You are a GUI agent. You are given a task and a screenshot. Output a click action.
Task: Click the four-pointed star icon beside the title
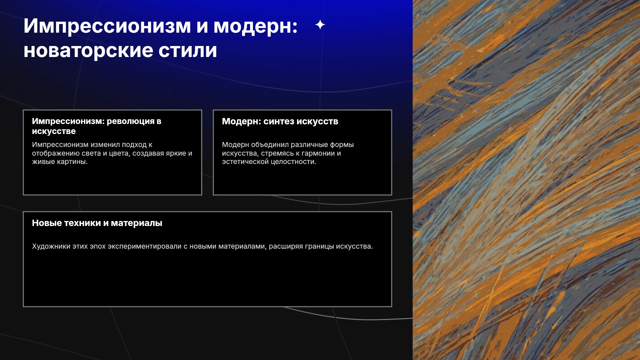click(320, 25)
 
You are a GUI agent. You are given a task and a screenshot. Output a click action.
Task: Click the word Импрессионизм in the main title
click(107, 26)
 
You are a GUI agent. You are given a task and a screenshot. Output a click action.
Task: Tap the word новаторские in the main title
click(88, 51)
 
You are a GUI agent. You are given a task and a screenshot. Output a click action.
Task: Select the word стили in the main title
click(188, 51)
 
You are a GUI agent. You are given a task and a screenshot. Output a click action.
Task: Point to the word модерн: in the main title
click(256, 26)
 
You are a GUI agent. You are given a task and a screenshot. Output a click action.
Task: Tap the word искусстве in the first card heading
click(54, 131)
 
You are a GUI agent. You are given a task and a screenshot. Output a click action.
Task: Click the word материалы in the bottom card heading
click(136, 223)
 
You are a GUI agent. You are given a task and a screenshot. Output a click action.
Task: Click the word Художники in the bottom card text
click(51, 246)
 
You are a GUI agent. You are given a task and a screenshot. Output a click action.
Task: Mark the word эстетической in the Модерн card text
click(245, 162)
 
